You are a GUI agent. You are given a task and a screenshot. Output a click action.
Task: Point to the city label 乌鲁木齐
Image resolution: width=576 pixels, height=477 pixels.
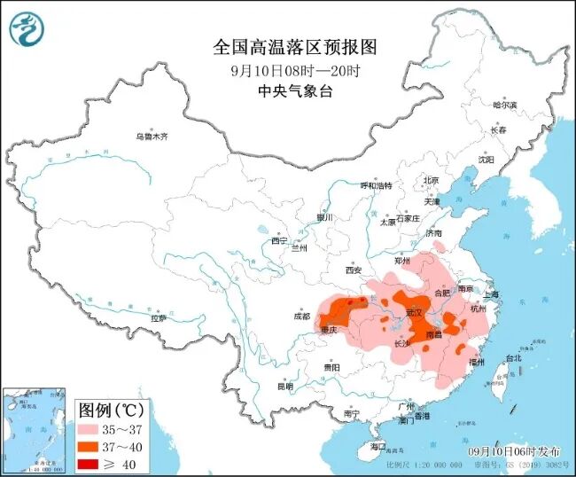(x=152, y=137)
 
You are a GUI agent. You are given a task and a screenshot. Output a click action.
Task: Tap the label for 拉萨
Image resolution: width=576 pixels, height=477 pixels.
(x=159, y=317)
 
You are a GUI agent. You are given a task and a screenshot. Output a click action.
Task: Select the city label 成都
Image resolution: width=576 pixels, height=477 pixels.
(x=302, y=316)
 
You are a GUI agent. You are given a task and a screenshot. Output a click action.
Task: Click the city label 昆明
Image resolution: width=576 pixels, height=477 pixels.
(x=284, y=386)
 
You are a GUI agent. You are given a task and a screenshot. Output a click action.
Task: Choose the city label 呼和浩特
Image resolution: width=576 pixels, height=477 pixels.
(x=375, y=185)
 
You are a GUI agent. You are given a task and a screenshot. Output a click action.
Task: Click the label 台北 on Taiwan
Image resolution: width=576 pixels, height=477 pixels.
(x=512, y=358)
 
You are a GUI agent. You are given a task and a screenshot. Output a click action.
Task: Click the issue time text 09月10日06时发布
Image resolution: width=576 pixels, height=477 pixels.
(x=515, y=451)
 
